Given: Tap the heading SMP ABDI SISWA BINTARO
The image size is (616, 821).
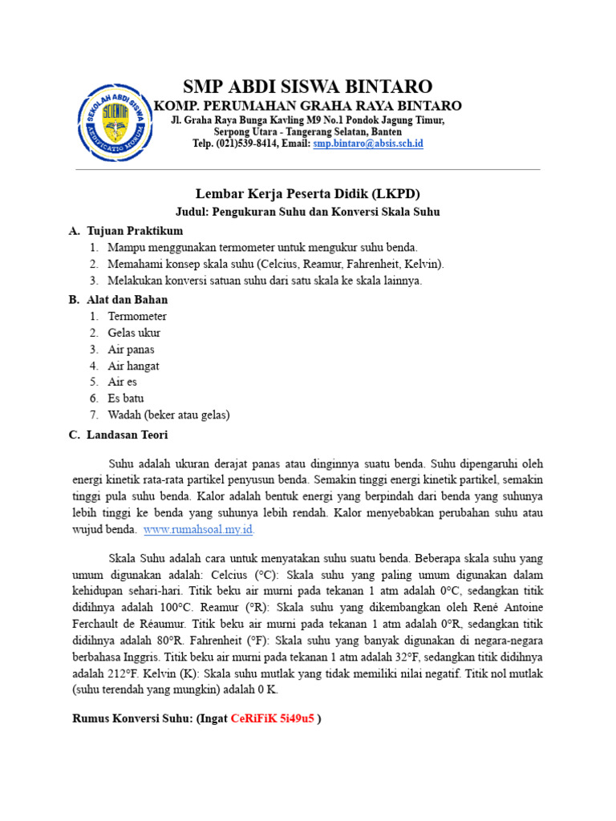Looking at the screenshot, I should click(x=307, y=87).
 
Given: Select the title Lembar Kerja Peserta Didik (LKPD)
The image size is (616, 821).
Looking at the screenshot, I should click(x=308, y=194).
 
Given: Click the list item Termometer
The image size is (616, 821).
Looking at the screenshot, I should click(x=137, y=317).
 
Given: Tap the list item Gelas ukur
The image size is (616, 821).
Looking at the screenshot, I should click(x=134, y=333).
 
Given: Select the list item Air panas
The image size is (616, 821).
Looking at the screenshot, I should click(x=132, y=350).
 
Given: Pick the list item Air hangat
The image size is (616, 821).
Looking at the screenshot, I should click(x=134, y=366).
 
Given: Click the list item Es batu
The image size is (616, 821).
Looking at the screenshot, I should click(x=126, y=398).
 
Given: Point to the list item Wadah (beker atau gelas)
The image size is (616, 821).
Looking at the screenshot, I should click(x=168, y=415).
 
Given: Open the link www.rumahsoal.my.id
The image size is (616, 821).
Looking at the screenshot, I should click(x=199, y=530).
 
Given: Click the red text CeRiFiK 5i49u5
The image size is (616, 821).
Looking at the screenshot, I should click(x=272, y=718).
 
